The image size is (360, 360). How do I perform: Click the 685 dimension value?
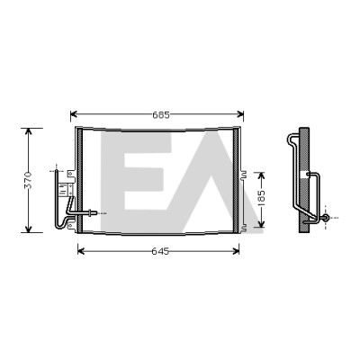click(161, 114)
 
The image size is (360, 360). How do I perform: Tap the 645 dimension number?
click(160, 251)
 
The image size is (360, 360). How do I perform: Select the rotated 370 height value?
click(28, 180)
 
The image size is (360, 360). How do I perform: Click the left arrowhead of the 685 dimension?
click(74, 114)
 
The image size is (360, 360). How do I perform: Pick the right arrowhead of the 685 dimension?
click(240, 114)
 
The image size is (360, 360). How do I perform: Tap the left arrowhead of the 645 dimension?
click(81, 251)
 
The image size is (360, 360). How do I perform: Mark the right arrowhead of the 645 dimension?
click(236, 251)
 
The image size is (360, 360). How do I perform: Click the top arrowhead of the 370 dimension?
click(28, 131)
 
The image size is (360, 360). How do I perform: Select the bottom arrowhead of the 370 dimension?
click(28, 229)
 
